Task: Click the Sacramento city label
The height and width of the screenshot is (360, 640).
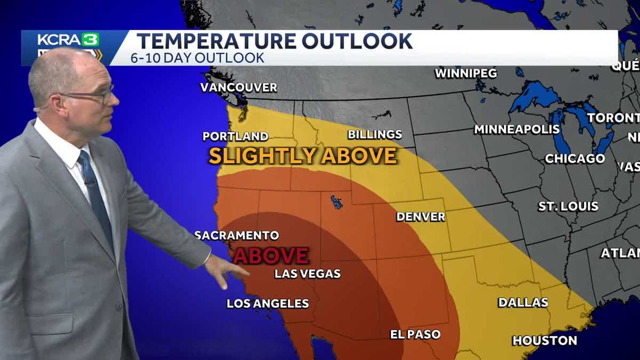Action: (236, 235)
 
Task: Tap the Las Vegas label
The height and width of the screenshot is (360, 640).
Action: (307, 274)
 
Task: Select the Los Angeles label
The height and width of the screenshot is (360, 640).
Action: (268, 303)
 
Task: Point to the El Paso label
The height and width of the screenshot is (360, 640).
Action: (415, 334)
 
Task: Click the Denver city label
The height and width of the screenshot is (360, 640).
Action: (420, 217)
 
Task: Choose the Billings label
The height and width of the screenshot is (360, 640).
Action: (375, 134)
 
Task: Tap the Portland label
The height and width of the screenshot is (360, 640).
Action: (235, 136)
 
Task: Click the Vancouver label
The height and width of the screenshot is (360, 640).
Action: (238, 87)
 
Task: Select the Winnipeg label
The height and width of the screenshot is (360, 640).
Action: (466, 73)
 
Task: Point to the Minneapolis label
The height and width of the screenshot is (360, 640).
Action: (517, 129)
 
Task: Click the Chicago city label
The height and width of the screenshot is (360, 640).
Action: (574, 158)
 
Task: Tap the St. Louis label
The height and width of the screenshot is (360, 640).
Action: (568, 206)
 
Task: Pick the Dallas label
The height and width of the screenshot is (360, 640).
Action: (523, 302)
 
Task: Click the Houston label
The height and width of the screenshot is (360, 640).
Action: (545, 340)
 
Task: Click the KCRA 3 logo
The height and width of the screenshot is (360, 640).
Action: (68, 40)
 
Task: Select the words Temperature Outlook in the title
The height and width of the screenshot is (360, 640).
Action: (275, 41)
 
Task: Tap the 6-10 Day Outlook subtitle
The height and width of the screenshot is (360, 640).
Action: (197, 58)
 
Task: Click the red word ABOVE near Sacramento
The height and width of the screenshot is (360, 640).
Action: (271, 255)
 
